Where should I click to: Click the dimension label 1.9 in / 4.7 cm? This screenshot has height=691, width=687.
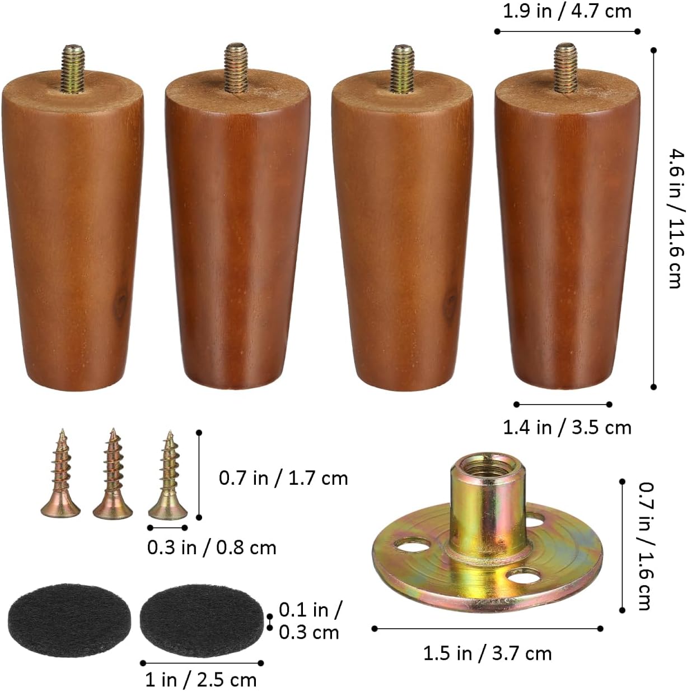click(567, 12)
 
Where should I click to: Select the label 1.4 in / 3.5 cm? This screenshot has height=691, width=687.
click(567, 428)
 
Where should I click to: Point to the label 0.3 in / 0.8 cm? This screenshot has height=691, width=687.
click(212, 548)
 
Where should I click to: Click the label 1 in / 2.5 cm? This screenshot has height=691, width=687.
click(200, 680)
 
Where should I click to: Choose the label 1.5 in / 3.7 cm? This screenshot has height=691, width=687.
click(487, 653)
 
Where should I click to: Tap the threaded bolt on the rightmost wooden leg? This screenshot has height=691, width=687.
click(566, 67)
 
